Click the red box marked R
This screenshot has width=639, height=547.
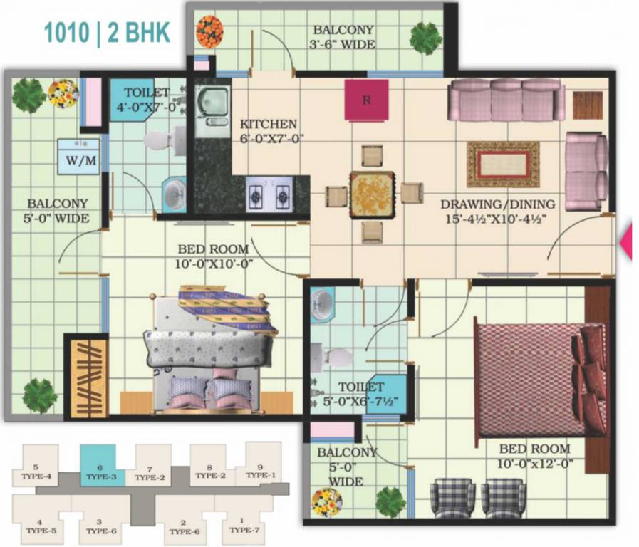(366, 100)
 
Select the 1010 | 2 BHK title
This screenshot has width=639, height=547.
(108, 33)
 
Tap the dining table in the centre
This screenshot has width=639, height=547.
(372, 192)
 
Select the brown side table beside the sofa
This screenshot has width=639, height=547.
(587, 105)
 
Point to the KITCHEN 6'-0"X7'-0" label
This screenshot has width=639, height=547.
(269, 131)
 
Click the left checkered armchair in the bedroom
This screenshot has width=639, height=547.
(452, 498)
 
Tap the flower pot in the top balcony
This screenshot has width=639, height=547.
(209, 32)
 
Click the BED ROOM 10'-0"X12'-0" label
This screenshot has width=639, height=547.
(535, 457)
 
